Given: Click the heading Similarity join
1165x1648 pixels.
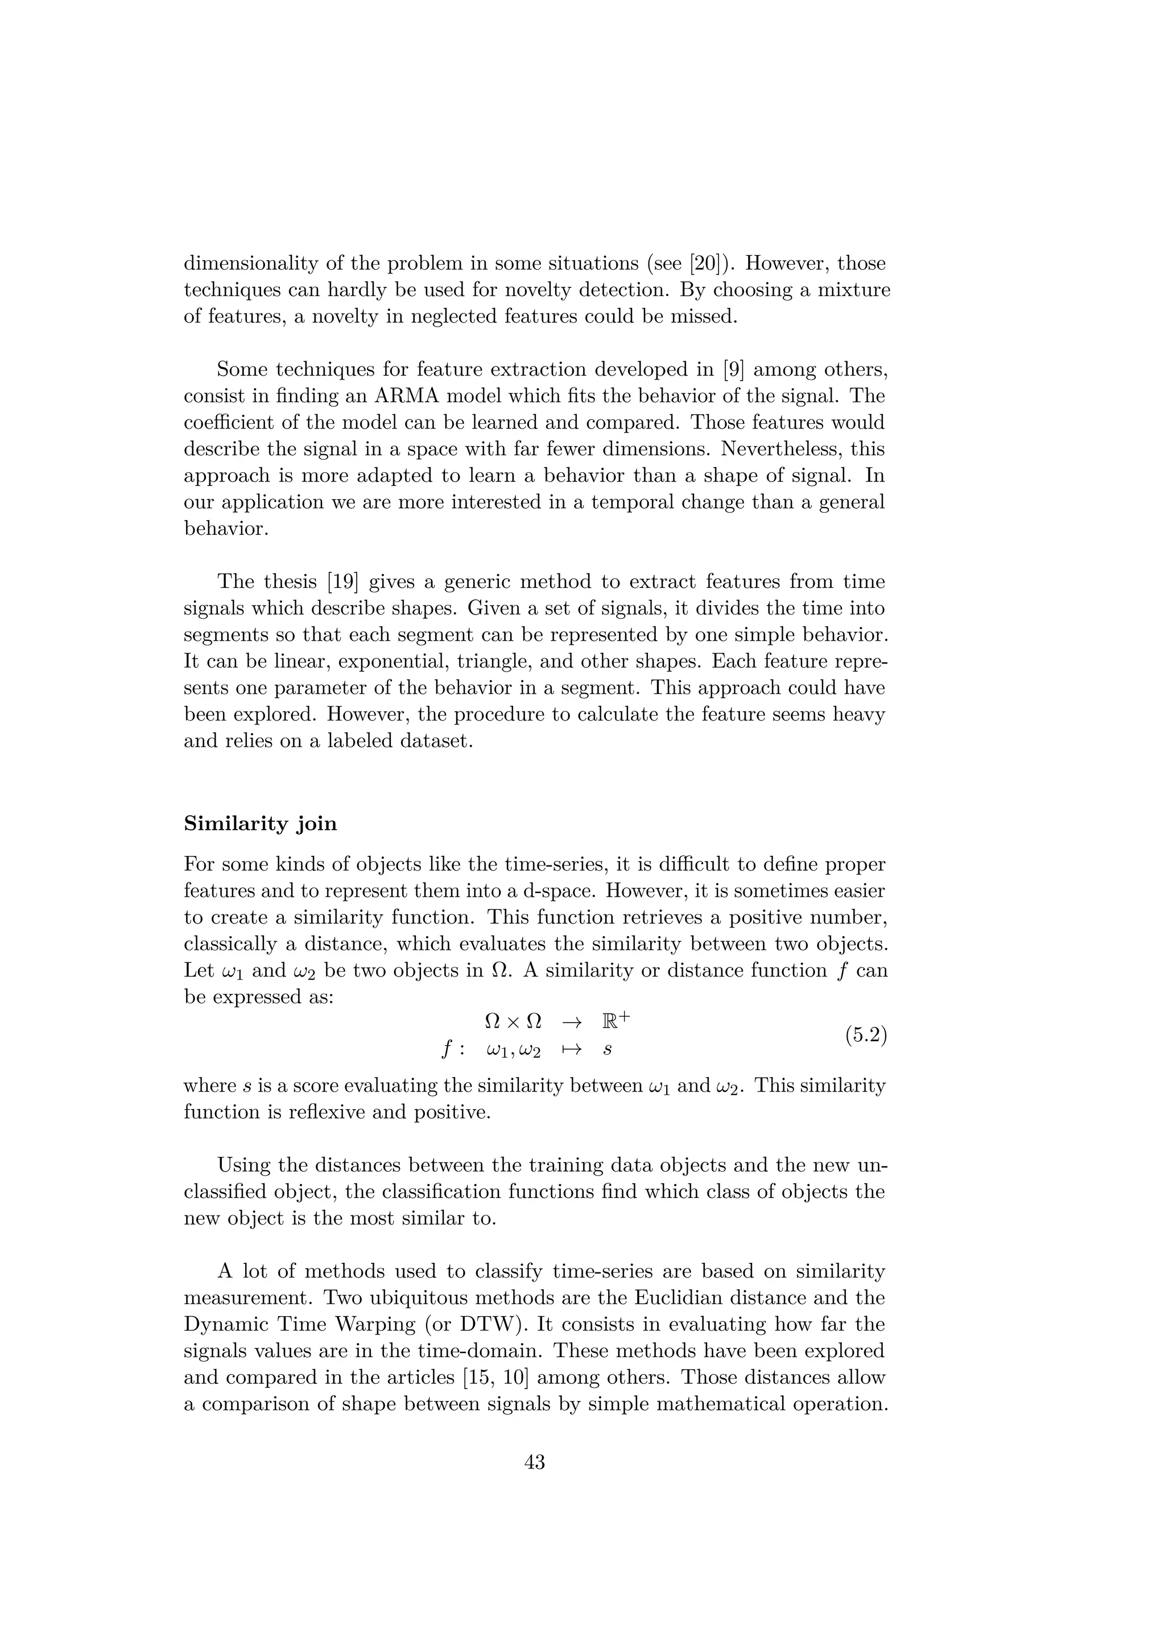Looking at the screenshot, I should pos(261,823).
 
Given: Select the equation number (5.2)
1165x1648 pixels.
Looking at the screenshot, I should pos(866,1035).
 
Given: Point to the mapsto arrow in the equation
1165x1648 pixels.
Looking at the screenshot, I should pos(571,1049).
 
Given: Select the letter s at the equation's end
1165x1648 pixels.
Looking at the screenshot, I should pos(608,1050).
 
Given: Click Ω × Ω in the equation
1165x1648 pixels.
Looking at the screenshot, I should pos(514,1021).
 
